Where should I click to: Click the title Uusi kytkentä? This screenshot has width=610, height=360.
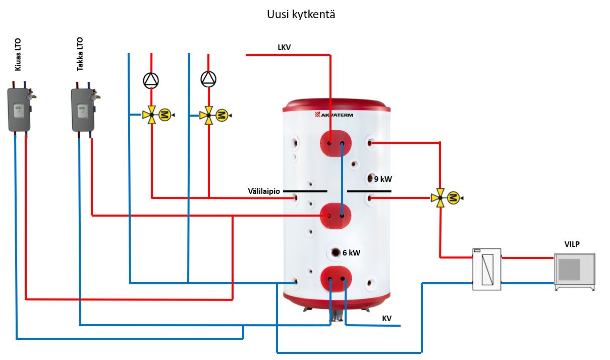pyautogui.click(x=301, y=15)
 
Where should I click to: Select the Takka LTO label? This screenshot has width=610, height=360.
pyautogui.click(x=80, y=54)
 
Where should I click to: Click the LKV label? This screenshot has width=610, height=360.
pyautogui.click(x=284, y=47)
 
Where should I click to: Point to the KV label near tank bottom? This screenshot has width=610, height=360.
pyautogui.click(x=387, y=318)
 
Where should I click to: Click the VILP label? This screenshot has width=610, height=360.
pyautogui.click(x=572, y=244)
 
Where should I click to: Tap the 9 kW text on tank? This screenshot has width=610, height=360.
pyautogui.click(x=383, y=179)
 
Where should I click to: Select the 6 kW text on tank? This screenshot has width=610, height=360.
pyautogui.click(x=351, y=253)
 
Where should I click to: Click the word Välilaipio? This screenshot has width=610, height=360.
pyautogui.click(x=264, y=191)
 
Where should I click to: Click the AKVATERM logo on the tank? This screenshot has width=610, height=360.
pyautogui.click(x=334, y=115)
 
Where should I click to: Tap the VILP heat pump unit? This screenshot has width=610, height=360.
pyautogui.click(x=575, y=271)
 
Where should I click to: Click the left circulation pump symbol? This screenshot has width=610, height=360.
pyautogui.click(x=151, y=80)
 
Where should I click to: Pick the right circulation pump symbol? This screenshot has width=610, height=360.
pyautogui.click(x=208, y=78)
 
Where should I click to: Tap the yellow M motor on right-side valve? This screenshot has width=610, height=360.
pyautogui.click(x=454, y=197)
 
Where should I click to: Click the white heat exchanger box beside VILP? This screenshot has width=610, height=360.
pyautogui.click(x=486, y=269)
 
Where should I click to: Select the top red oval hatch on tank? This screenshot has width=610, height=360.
pyautogui.click(x=336, y=142)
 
